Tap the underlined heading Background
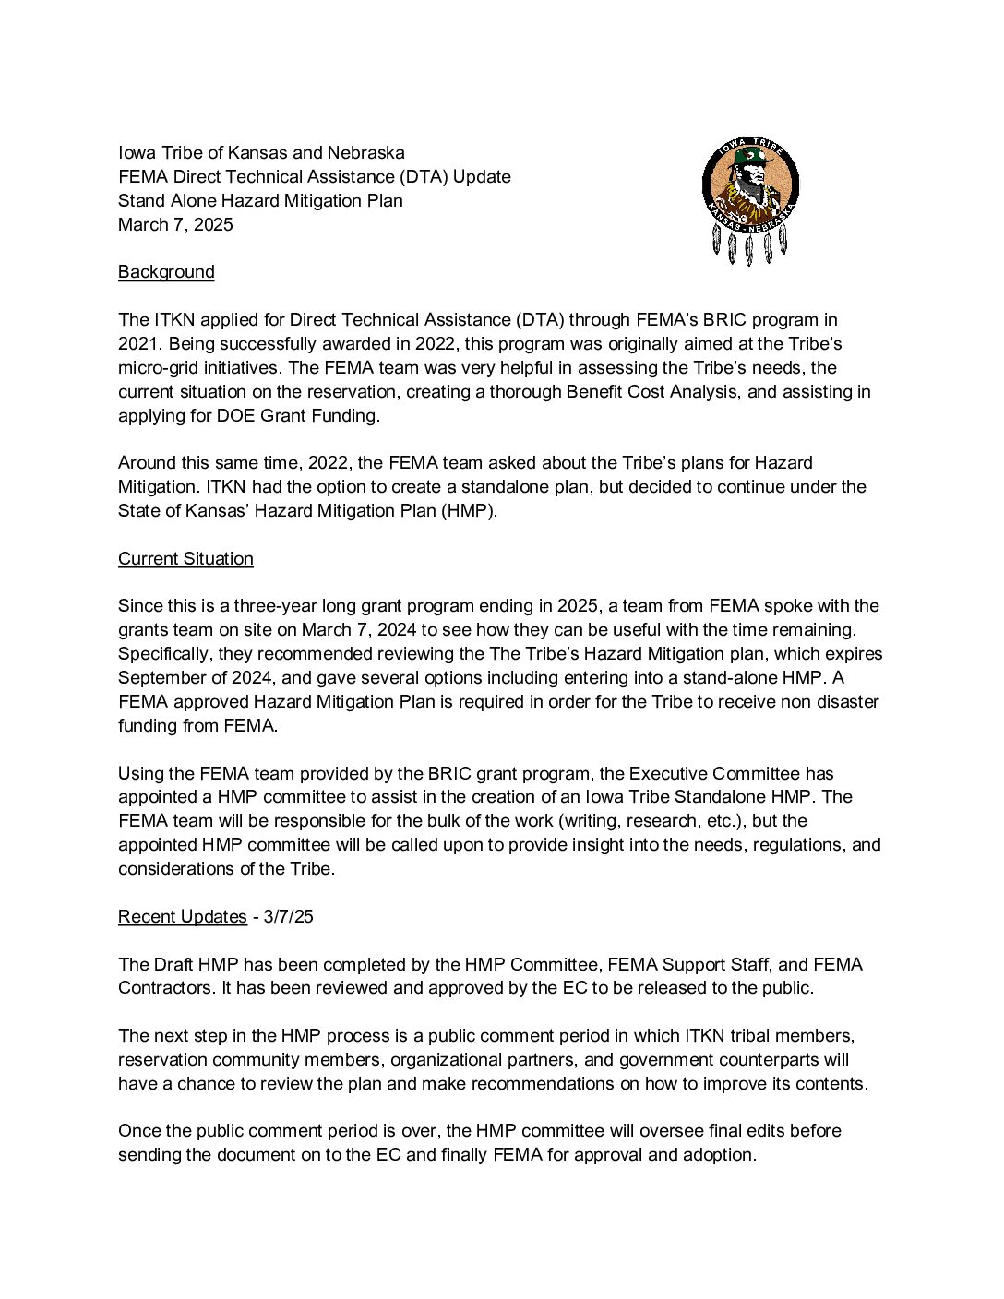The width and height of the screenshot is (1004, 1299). (x=166, y=272)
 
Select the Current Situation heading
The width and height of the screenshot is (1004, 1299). (x=185, y=559)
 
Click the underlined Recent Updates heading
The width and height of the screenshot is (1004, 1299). (x=182, y=917)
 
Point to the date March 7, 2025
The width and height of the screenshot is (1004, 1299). (x=175, y=225)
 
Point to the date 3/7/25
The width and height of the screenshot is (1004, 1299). (x=288, y=917)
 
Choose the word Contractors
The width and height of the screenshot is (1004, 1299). (x=164, y=988)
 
